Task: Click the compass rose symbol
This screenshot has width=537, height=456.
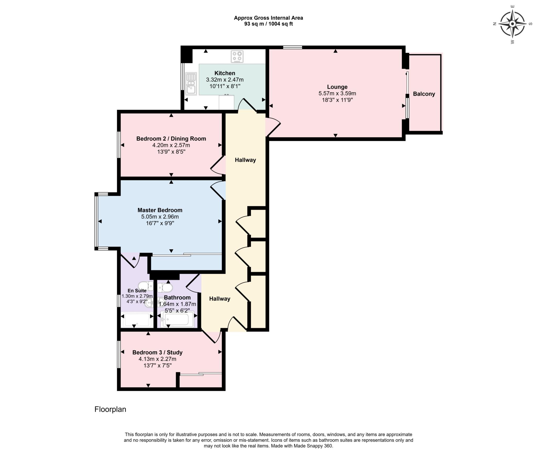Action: pos(512,24)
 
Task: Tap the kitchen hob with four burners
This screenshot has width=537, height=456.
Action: pos(237,56)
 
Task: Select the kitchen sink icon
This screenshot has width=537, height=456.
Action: pos(191,84)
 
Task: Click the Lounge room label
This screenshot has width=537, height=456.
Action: pos(337,87)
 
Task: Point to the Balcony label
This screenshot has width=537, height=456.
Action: pos(424,94)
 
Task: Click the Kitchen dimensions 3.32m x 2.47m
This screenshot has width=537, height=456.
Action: pos(225,79)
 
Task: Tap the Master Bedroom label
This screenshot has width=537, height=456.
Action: pos(160,210)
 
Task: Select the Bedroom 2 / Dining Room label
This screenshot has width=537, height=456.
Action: pos(171,139)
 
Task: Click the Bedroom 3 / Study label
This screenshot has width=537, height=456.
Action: pos(157,352)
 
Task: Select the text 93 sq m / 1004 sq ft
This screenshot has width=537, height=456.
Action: pos(268,24)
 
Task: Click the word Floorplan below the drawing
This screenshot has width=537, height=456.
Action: pos(110,409)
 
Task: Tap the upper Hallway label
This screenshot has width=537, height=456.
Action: pos(245,160)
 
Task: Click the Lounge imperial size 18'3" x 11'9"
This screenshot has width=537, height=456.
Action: pos(337,100)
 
